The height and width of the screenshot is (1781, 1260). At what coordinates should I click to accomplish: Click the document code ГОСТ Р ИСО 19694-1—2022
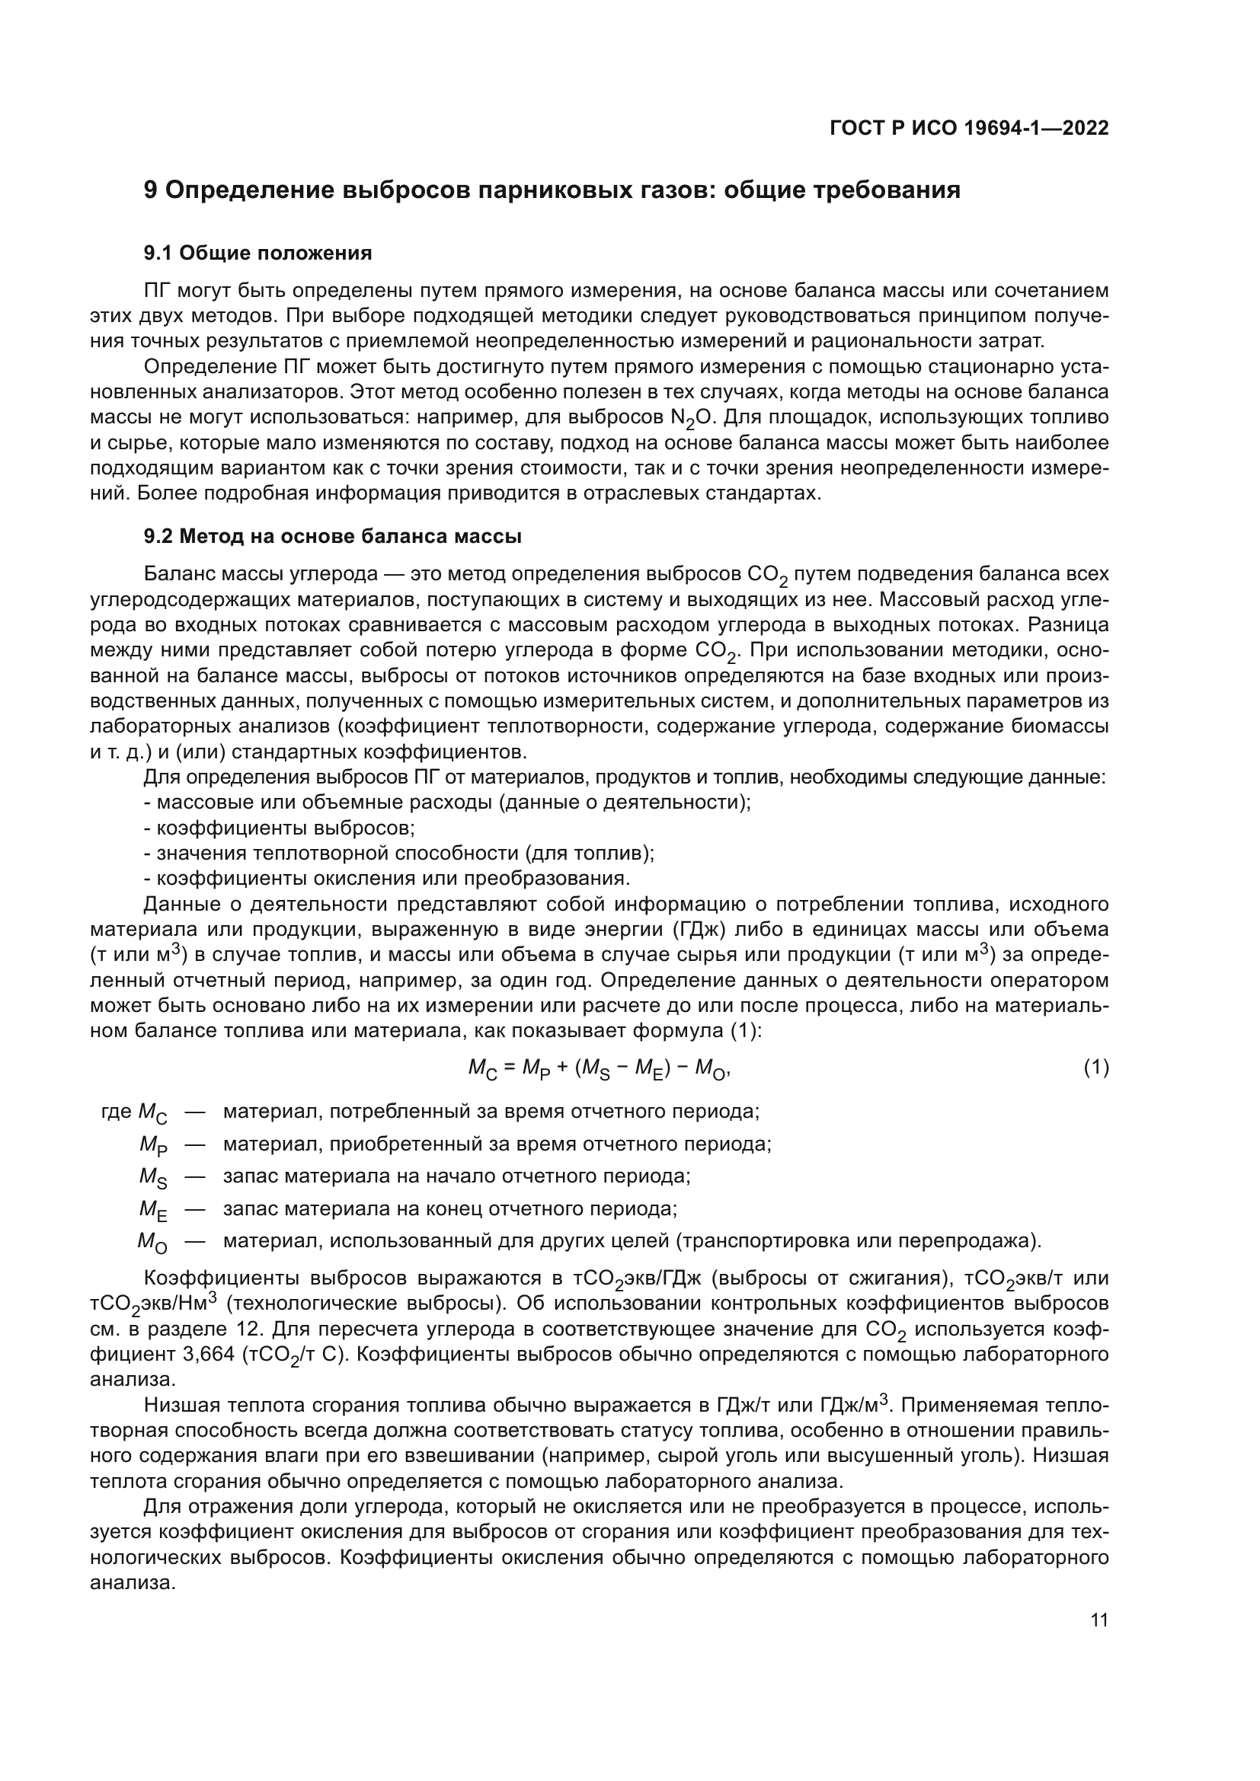[x=969, y=128]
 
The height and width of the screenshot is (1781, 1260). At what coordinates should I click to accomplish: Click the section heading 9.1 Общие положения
[x=257, y=253]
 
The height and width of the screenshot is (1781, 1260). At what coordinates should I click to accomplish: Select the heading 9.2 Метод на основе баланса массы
[x=332, y=536]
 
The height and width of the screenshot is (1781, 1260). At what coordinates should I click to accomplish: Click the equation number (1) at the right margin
[x=1096, y=1068]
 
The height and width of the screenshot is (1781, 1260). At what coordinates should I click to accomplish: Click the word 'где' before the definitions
[x=117, y=1112]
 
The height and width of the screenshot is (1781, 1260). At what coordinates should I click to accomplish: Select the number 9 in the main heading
[x=152, y=190]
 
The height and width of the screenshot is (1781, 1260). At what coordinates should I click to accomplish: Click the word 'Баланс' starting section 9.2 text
[x=181, y=574]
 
